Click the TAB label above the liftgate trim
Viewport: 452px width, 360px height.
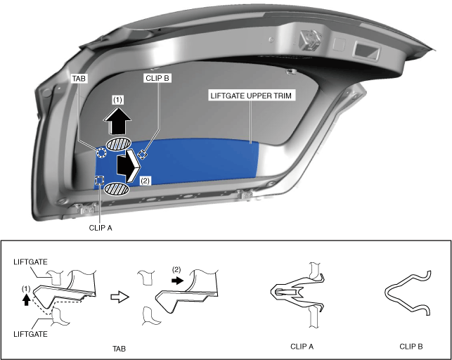(79, 79)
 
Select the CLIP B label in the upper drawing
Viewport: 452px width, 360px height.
(157, 79)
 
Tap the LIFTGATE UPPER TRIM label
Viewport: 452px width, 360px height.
(251, 94)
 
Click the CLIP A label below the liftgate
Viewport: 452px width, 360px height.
(101, 227)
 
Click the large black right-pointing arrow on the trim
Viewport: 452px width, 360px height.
(129, 165)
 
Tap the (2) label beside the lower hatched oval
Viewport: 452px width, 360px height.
(145, 181)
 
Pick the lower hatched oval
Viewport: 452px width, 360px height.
(117, 189)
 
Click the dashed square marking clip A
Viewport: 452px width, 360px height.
(100, 181)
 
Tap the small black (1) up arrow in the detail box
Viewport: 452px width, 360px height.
(27, 299)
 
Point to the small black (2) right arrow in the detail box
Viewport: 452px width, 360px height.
(179, 280)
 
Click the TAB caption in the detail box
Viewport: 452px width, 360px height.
(121, 347)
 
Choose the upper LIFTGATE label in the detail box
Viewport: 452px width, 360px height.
(30, 262)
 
